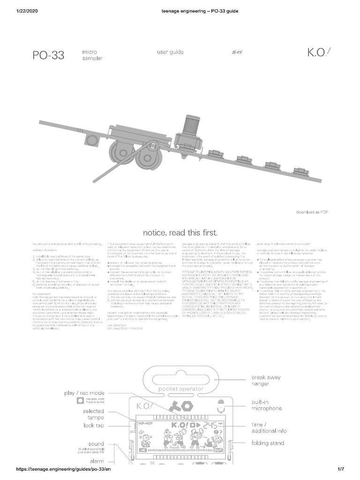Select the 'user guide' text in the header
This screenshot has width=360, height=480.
tap(170, 52)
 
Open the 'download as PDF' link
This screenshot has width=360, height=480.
tap(312, 212)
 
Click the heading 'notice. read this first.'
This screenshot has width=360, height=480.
tap(180, 232)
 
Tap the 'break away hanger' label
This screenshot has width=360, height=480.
tap(268, 380)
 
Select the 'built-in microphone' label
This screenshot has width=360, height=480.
tap(267, 405)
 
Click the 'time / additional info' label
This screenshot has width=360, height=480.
tap(269, 427)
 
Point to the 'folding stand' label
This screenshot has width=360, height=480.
tap(268, 443)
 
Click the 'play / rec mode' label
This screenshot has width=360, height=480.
tap(84, 393)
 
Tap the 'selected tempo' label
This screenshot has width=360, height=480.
tap(93, 414)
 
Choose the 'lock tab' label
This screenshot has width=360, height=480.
tap(93, 426)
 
